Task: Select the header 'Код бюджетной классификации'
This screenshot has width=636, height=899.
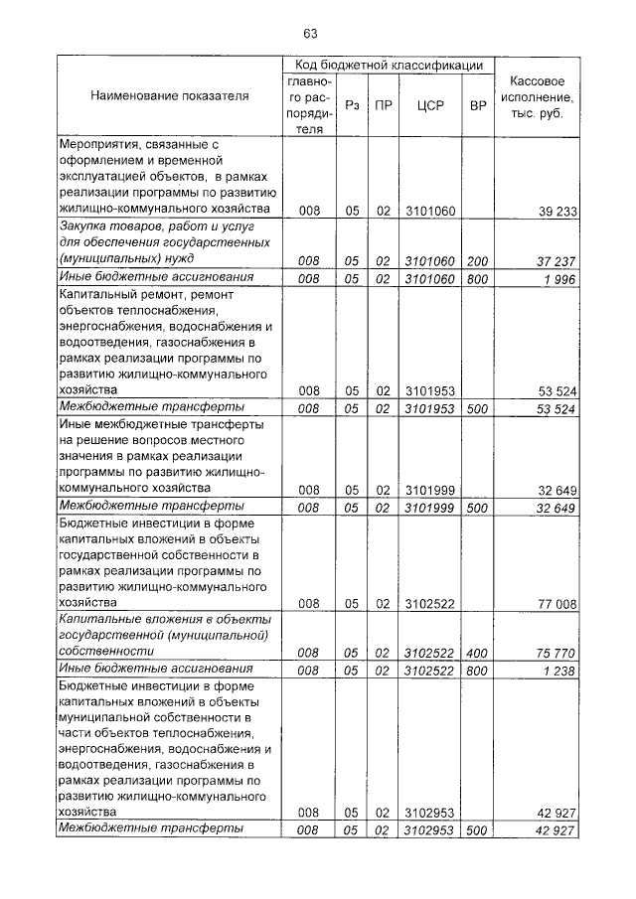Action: pos(390,65)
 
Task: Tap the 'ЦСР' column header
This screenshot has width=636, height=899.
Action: pos(429,104)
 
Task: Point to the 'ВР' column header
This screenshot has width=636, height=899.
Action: pos(478,104)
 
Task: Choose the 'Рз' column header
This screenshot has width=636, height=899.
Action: pos(352,104)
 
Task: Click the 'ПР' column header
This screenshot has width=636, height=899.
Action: pos(383,104)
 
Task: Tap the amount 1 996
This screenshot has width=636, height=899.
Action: pos(558,277)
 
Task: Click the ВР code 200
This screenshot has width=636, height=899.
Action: pos(478,260)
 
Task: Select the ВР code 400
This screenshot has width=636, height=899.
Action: pos(478,653)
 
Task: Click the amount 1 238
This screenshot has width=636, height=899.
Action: pos(558,671)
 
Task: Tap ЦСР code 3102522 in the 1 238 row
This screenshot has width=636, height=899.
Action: pos(429,671)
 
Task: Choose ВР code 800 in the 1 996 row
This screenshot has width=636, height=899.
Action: pos(478,277)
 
